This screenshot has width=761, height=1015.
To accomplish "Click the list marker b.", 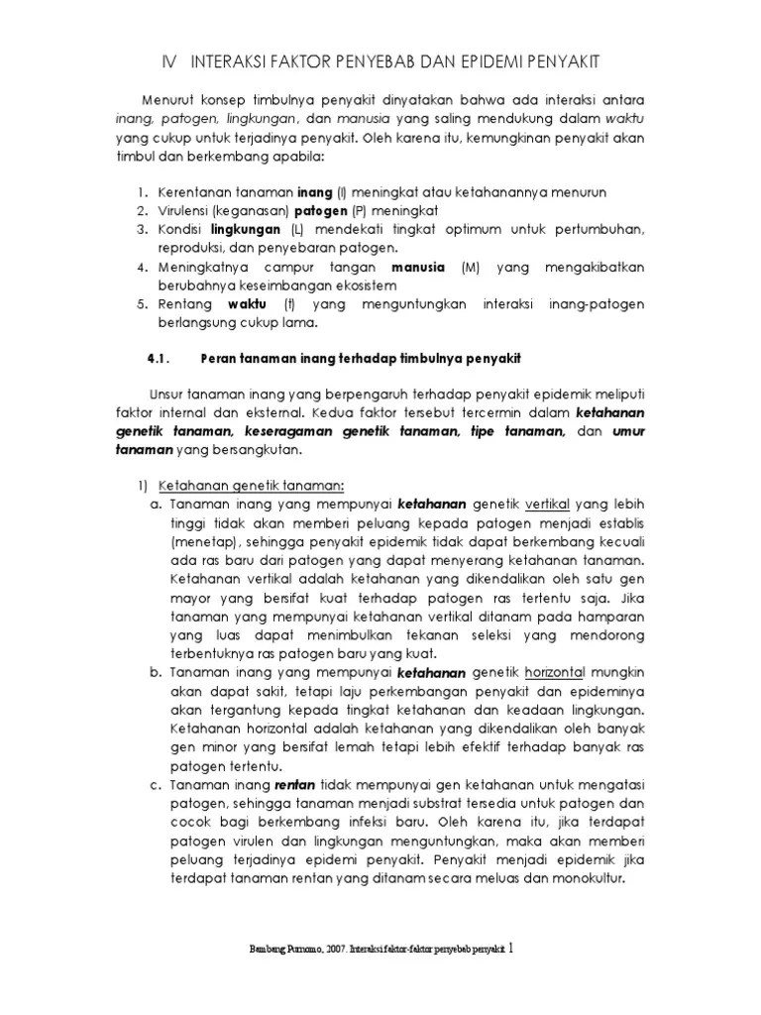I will [x=156, y=673].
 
